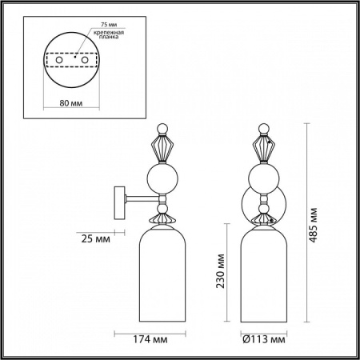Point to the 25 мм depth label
click(x=96, y=238)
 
